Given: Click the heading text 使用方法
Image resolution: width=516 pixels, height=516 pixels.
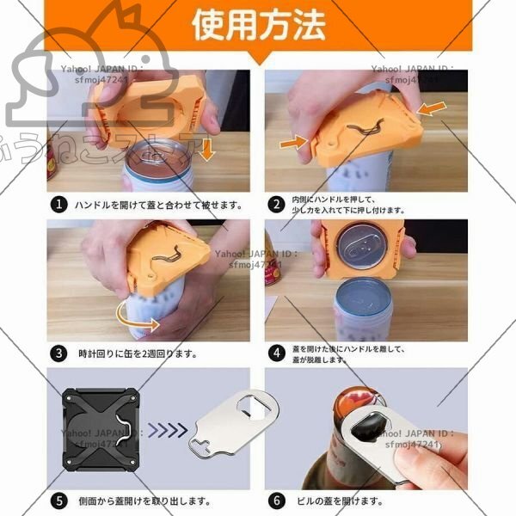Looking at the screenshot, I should point(258,25).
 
